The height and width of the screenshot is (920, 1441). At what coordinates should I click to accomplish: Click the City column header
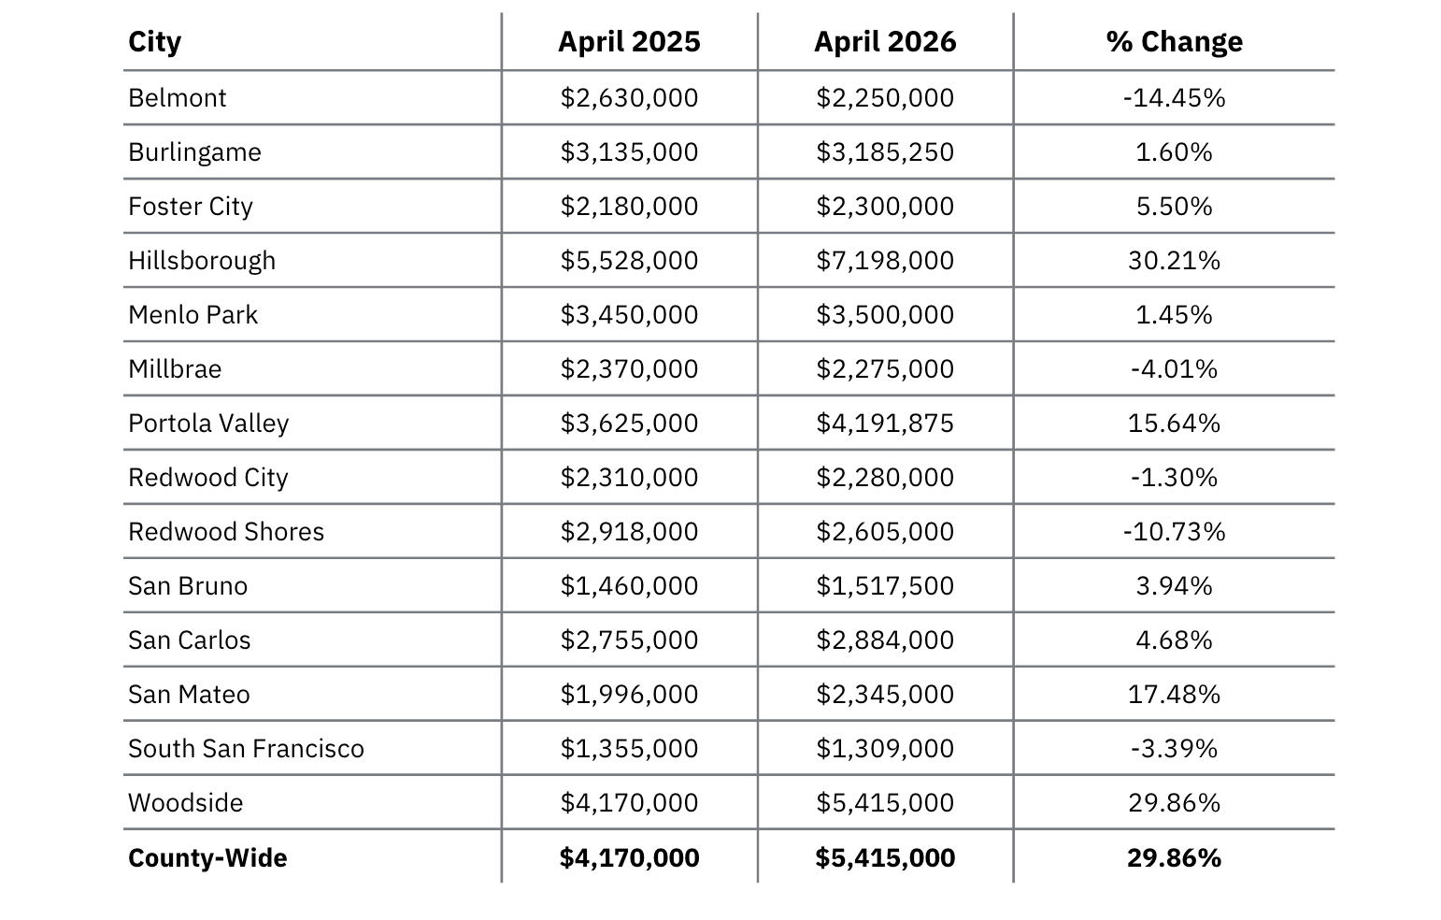154,42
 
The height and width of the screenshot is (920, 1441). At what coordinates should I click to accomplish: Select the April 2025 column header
629,42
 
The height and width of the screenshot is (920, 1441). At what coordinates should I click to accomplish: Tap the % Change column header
1174,42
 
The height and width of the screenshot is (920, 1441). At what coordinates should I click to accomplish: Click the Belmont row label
177,98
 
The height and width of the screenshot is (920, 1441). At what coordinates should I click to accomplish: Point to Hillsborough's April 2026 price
885,261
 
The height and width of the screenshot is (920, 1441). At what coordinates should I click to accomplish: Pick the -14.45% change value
1174,98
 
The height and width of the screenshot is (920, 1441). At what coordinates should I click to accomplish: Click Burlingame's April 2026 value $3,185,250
885,152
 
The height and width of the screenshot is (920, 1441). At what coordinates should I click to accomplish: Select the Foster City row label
191,207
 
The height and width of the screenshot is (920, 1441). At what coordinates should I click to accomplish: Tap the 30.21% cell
1174,261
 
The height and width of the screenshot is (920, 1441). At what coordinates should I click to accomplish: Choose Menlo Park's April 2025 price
629,315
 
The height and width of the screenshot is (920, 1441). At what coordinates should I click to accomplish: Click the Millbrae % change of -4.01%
1174,369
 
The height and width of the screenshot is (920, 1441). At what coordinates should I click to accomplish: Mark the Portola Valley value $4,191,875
885,423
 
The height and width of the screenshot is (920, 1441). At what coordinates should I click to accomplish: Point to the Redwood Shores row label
226,532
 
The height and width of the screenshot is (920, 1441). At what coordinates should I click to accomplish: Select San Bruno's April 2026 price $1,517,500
885,586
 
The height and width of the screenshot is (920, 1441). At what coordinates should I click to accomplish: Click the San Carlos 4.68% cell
1174,640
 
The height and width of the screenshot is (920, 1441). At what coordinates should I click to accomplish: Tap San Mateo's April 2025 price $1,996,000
629,694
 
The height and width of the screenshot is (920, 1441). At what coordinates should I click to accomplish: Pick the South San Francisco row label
246,749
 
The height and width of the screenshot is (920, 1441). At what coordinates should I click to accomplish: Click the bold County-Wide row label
207,858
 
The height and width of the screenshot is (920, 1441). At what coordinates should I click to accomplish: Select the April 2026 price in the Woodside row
885,803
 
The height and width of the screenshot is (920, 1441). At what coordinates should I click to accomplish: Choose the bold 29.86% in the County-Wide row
1174,858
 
